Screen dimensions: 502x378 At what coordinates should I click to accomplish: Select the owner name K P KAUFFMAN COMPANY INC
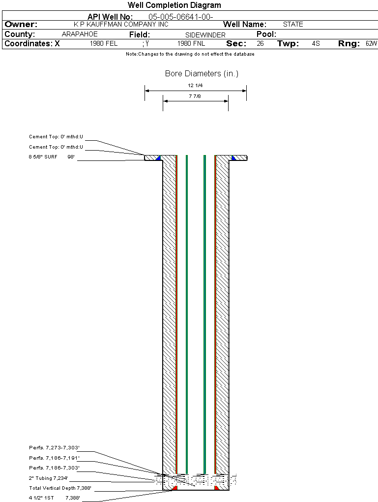coord(121,25)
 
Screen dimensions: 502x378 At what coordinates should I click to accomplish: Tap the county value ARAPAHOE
coord(80,34)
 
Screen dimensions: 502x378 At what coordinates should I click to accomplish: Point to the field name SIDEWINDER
coord(205,35)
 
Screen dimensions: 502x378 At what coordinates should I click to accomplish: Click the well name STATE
coord(293,25)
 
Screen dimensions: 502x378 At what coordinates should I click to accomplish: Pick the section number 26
coord(260,44)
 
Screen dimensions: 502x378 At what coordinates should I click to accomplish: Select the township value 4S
coord(316,44)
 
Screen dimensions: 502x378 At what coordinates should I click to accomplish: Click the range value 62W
coord(371,44)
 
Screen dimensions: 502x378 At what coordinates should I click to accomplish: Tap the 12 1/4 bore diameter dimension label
coord(195,86)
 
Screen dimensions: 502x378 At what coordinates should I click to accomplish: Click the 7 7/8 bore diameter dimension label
coord(195,96)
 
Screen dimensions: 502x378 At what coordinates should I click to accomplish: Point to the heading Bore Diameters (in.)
coord(202,74)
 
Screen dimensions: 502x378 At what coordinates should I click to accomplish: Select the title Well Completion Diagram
coord(174,5)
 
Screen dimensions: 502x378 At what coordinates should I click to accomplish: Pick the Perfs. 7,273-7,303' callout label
coord(54,448)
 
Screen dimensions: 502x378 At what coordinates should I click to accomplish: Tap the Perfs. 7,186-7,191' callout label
coord(54,458)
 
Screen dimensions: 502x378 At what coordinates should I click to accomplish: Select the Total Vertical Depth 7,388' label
coord(60,488)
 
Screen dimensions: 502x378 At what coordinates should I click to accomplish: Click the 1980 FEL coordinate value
coord(104,44)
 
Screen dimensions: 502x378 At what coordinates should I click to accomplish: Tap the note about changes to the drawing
coord(190,54)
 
